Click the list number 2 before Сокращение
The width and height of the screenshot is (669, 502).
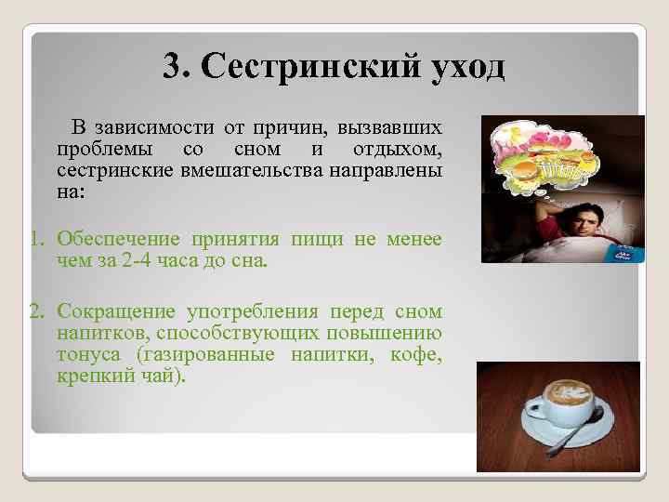(35, 311)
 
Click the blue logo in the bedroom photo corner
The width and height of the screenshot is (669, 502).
(628, 252)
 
